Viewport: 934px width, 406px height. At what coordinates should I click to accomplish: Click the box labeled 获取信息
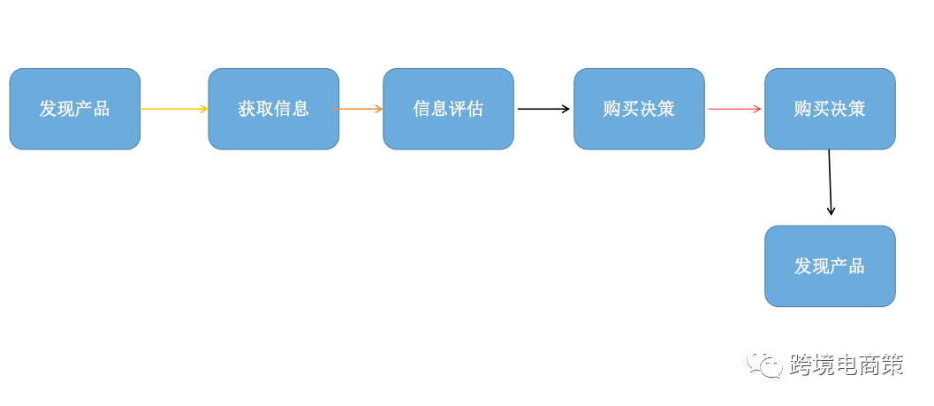(x=273, y=109)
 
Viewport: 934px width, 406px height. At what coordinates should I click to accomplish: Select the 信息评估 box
(x=448, y=109)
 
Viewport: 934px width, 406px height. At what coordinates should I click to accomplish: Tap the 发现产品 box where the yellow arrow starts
(x=74, y=109)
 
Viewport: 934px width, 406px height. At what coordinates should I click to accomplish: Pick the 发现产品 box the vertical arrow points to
(x=830, y=266)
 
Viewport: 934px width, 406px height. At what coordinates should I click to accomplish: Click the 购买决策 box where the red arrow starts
(x=639, y=109)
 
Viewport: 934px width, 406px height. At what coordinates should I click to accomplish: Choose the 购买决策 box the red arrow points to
(x=830, y=109)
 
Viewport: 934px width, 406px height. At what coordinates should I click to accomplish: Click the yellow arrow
(x=173, y=109)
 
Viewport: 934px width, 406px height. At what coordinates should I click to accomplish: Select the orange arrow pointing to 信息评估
(x=358, y=109)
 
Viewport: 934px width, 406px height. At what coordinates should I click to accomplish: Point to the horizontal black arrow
(x=543, y=109)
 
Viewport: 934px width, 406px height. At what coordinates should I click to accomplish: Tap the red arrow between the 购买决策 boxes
(x=733, y=109)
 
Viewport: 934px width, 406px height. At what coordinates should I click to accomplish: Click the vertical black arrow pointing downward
(x=830, y=181)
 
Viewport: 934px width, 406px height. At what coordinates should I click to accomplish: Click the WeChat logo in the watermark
(x=764, y=364)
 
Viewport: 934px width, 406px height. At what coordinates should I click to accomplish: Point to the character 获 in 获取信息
(x=247, y=109)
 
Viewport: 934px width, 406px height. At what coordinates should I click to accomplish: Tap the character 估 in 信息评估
(x=475, y=109)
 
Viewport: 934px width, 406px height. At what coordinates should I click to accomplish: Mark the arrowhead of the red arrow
(x=756, y=109)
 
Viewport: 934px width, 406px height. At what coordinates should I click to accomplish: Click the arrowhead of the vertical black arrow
(x=831, y=211)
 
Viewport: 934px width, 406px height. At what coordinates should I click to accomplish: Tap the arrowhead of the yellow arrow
(x=204, y=109)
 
